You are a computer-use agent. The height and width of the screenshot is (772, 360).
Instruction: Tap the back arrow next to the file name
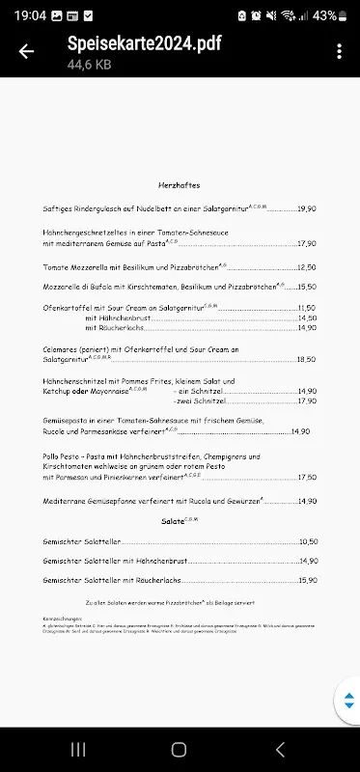pos(26,52)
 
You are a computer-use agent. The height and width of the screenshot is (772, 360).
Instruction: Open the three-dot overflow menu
pos(339,52)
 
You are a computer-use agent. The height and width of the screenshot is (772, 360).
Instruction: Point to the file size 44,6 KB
pos(89,64)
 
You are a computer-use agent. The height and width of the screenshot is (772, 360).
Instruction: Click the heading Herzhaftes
pos(179,184)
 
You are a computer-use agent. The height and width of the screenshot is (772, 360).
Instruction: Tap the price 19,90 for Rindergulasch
pos(307,208)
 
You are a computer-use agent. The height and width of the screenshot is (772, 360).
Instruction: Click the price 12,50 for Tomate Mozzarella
pos(307,267)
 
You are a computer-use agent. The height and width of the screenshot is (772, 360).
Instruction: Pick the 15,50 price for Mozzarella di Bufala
pos(307,287)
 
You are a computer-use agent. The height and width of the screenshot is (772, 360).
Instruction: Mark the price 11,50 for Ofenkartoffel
pos(307,307)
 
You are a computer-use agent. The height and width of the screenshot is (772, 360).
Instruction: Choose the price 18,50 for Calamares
pos(307,359)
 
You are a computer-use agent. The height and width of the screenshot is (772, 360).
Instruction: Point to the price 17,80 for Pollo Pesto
pos(307,477)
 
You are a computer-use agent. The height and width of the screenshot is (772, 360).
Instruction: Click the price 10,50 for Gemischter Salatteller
pos(308,541)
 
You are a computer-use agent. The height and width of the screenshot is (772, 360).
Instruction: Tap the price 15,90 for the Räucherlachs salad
pos(308,580)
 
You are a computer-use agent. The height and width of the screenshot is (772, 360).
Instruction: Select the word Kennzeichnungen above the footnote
pos(64,617)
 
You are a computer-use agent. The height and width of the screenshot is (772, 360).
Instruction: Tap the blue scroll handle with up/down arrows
pos(346,701)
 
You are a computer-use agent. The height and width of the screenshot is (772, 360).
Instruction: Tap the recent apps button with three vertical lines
pos(78,749)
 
